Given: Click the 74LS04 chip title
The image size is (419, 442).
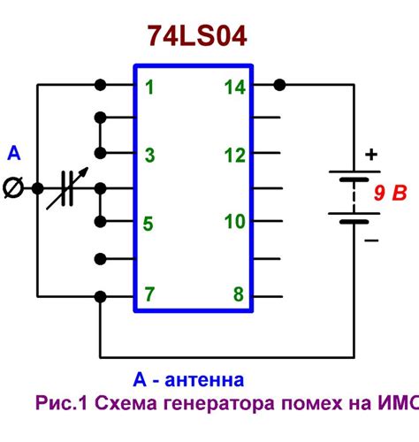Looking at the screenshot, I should tap(196, 36).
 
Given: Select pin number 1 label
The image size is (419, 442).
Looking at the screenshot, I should tap(149, 87).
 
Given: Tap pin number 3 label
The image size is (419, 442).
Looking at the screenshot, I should tap(149, 156).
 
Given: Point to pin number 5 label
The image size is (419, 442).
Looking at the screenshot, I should tap(149, 223).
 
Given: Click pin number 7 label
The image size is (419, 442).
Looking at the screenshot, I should tap(149, 293).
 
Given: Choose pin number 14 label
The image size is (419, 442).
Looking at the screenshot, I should tap(234, 87).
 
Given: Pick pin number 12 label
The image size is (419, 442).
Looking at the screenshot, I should tap(234, 156).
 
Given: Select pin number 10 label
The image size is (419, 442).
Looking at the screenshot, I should tap(234, 222).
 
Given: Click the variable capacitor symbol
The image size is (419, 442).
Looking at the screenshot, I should tap(65, 189).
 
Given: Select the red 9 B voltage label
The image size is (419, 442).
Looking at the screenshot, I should tap(389, 192).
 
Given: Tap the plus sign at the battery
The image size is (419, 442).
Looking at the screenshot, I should tap(371, 154).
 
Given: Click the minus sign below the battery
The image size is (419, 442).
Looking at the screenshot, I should tap(371, 240).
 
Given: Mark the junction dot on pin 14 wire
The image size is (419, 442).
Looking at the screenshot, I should tap(280, 86).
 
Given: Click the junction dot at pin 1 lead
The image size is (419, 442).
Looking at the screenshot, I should tap(101, 86).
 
